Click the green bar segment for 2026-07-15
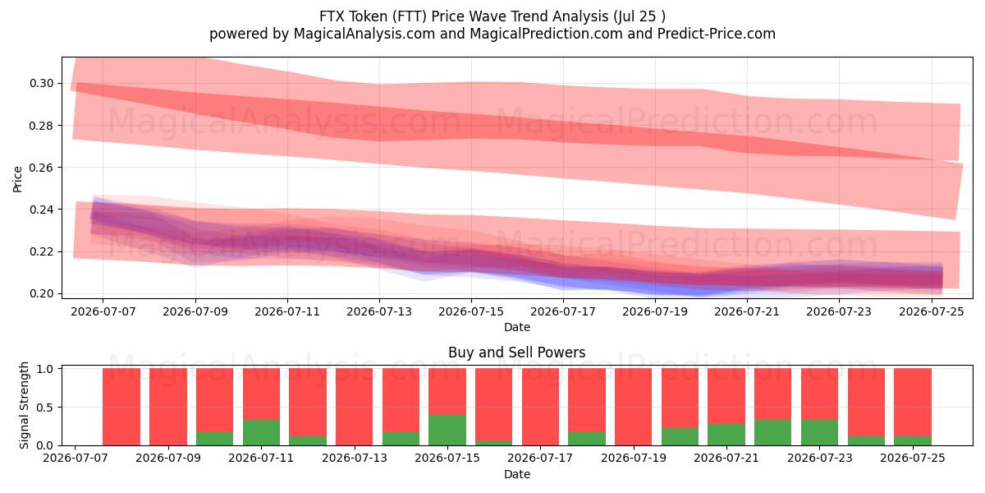coord(447,430)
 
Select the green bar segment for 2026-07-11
coord(261,433)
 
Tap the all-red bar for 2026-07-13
coord(354,407)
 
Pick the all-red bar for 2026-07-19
coord(633,407)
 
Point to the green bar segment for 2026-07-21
coord(726,435)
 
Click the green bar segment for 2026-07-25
coord(913,440)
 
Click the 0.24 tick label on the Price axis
coord(42,210)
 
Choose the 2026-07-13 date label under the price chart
coord(379,311)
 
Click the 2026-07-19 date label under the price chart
coord(655,311)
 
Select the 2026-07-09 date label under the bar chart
coord(168,458)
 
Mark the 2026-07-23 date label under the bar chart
coord(820,458)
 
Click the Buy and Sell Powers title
coord(516,352)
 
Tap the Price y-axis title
coord(17,179)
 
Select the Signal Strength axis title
coord(24,405)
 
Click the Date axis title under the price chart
coord(517,327)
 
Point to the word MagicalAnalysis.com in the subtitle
coord(364,34)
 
